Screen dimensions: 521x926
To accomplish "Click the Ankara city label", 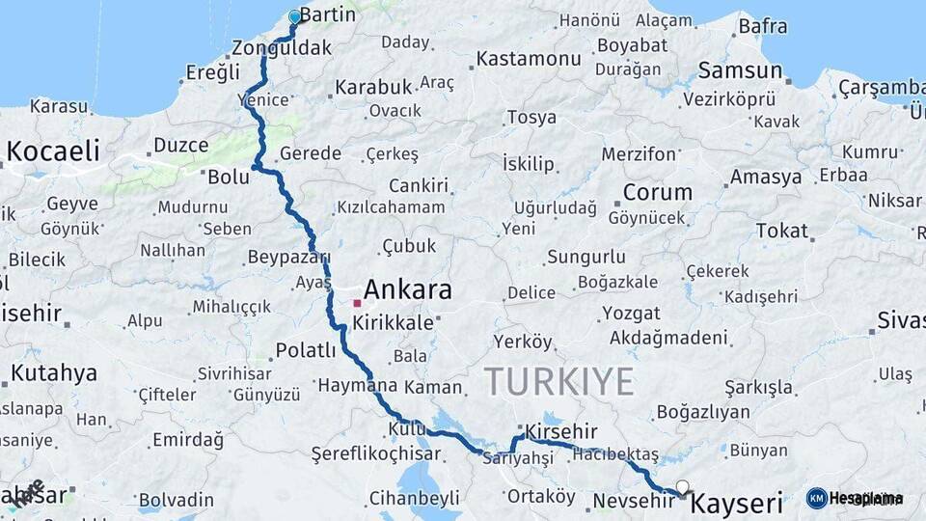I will [407, 290].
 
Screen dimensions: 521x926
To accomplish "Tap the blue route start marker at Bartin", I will [295, 16].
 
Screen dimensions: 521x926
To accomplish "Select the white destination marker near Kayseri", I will [683, 487].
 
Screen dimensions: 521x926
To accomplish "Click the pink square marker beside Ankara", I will [357, 303].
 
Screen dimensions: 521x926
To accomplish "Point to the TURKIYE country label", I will [558, 381].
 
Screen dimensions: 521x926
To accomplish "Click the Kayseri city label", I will [738, 503].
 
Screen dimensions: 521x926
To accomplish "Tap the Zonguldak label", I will [282, 48].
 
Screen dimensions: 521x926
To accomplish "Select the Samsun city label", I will [740, 70].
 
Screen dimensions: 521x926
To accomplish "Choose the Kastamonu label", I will [529, 59].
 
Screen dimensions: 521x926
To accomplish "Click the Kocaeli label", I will [53, 151].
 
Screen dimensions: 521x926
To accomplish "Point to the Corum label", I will [657, 192].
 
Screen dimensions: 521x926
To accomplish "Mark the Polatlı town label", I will [306, 349].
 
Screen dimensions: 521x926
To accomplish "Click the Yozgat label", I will [631, 314].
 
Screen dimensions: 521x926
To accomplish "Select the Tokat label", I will [781, 231].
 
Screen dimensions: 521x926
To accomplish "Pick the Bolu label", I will [229, 177].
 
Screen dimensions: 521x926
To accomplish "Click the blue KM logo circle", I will [817, 498].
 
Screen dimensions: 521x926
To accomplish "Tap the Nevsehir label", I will [632, 501].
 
